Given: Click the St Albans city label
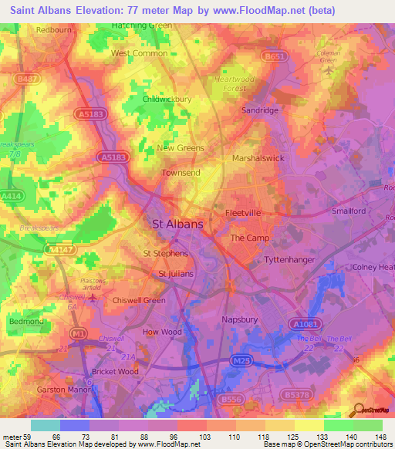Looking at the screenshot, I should tap(178, 224).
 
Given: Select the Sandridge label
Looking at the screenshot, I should tap(260, 110).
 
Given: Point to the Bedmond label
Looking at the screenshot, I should tap(25, 320).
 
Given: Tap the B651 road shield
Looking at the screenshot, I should tap(269, 56).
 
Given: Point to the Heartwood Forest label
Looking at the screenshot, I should tap(238, 83).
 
